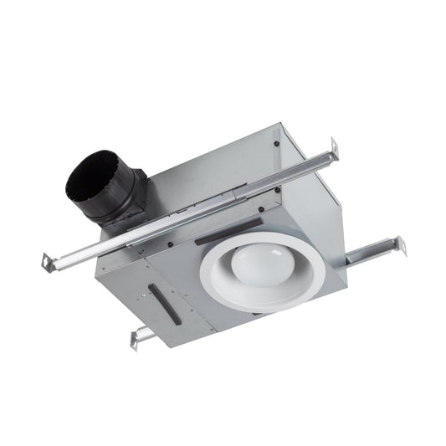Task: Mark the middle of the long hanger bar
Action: [192, 205]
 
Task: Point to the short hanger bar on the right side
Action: [372, 250]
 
